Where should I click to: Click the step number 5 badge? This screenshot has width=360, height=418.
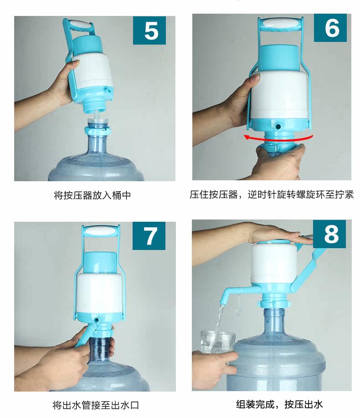pyautogui.click(x=149, y=31)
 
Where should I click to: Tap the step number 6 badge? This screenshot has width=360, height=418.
pyautogui.click(x=330, y=28)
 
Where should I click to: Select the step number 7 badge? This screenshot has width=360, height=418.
pyautogui.click(x=149, y=236)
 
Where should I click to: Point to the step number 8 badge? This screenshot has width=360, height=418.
pyautogui.click(x=329, y=234)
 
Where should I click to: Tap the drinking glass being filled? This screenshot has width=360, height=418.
pyautogui.click(x=217, y=342)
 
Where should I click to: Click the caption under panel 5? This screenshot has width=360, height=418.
pyautogui.click(x=93, y=195)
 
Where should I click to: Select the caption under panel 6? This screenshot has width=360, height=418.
pyautogui.click(x=272, y=194)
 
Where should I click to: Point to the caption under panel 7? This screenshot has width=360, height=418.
pyautogui.click(x=96, y=405)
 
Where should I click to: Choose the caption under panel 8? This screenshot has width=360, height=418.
pyautogui.click(x=279, y=404)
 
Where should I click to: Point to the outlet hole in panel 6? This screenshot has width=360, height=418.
pyautogui.click(x=278, y=126)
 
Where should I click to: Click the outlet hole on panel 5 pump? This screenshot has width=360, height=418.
pyautogui.click(x=108, y=91)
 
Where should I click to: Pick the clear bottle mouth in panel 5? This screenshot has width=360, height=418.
pyautogui.click(x=98, y=122)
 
